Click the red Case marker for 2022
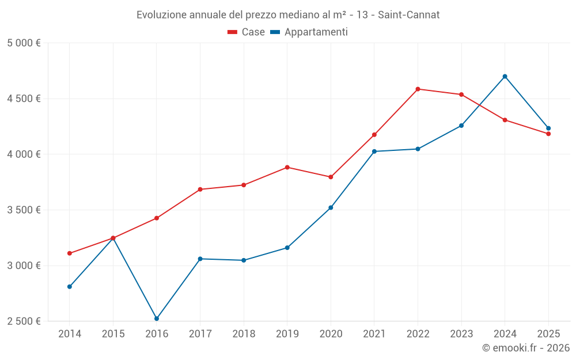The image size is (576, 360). point(418,89)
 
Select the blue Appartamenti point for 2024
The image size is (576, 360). point(505,77)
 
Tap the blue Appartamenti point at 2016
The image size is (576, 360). point(157,319)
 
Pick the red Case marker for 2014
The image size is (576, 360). point(70,253)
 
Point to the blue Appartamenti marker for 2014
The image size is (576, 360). point(70,287)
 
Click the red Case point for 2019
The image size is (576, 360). point(287,168)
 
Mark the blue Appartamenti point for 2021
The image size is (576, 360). point(374,151)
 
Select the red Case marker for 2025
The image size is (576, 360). point(548,134)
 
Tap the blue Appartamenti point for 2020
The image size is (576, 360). point(331,207)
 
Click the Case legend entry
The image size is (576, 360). point(247,32)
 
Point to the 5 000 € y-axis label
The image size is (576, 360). point(24,43)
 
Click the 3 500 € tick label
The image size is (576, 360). point(24,210)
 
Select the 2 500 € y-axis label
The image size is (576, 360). point(24,321)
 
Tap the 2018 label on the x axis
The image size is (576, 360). point(244,334)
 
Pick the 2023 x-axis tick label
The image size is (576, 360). point(461,334)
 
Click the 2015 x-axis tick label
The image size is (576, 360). point(113,334)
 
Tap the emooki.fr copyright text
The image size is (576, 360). point(526,348)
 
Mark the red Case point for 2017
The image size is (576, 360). point(200,190)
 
